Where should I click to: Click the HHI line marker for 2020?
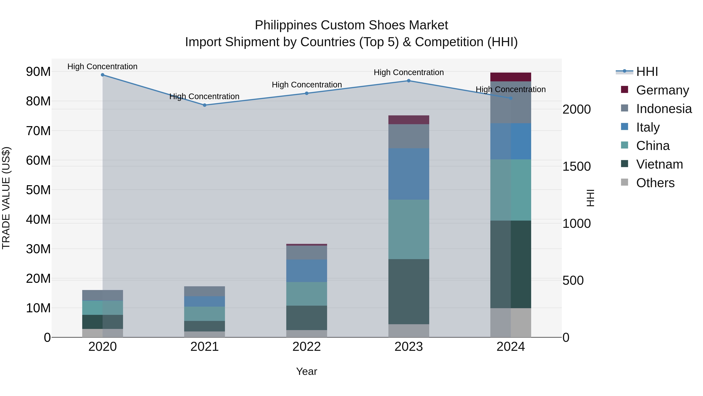tap(103, 75)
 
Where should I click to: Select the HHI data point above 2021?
tap(205, 105)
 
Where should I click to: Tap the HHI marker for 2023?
tap(409, 81)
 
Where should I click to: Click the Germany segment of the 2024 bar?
tap(511, 77)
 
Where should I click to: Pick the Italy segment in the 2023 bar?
tap(409, 174)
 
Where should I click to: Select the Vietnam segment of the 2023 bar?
tap(409, 292)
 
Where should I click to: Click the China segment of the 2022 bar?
tap(306, 294)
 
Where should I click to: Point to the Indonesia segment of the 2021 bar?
tap(204, 291)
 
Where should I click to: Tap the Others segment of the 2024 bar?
tap(511, 323)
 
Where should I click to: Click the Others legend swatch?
tap(624, 182)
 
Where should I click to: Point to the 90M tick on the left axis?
tap(38, 72)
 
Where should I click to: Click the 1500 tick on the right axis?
tap(576, 166)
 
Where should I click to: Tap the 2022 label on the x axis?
tap(306, 347)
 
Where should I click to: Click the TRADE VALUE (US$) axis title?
tap(6, 198)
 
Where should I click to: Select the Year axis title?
tap(306, 371)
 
